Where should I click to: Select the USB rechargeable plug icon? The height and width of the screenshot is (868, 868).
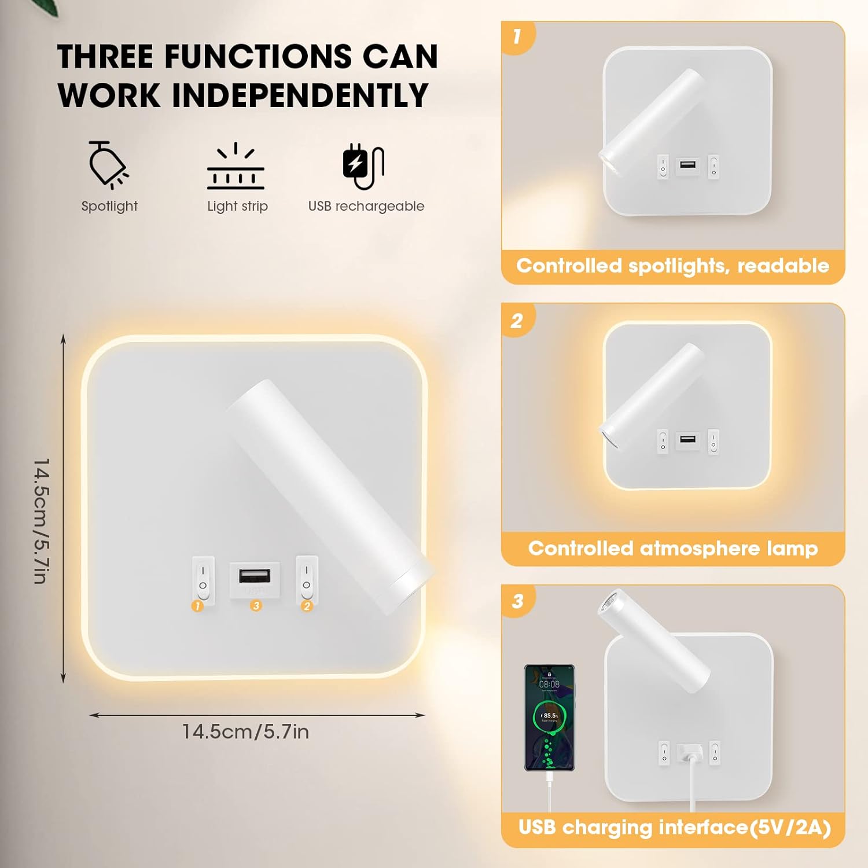coord(363,167)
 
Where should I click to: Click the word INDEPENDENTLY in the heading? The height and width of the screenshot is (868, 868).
coord(300,95)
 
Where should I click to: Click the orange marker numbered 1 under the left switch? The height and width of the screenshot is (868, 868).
coord(198,606)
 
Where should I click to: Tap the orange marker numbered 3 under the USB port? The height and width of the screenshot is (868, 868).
coord(256,605)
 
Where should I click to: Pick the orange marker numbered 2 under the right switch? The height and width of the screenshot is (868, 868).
coord(307,606)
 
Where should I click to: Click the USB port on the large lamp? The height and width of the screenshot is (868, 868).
coord(255,576)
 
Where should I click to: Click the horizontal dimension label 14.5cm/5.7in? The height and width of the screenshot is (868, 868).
coord(245,732)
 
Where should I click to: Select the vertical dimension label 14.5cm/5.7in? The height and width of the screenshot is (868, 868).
coord(42,521)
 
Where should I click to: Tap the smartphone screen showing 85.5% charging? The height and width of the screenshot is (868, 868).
coord(549,718)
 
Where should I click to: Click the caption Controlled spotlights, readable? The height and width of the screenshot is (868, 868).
coord(672,266)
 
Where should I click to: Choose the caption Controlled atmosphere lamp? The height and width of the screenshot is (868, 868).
coord(672,548)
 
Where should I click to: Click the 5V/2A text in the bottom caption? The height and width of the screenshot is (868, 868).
coord(790,827)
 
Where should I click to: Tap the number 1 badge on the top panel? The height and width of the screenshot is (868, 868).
coord(517,37)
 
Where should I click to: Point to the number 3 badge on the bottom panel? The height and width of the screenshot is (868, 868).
coord(517,601)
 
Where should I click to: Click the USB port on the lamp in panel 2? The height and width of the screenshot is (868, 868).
coord(687,439)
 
